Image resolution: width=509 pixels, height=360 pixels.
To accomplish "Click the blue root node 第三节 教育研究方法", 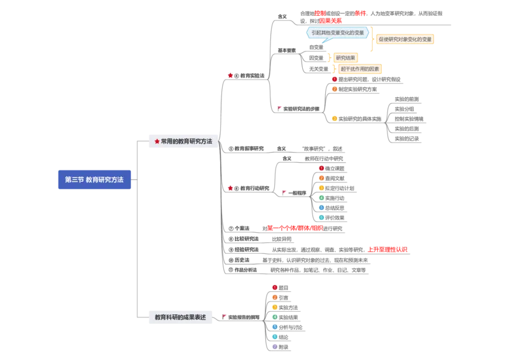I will [x=94, y=179].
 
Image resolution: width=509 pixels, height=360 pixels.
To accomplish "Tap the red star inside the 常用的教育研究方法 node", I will [x=157, y=142].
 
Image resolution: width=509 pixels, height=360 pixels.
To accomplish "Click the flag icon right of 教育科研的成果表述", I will [x=224, y=316].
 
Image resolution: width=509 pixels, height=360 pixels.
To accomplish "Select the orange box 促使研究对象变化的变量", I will [x=405, y=39].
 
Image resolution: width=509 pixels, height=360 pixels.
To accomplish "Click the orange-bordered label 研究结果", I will [x=345, y=57].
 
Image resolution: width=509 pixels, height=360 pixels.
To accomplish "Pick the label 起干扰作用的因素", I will [x=359, y=69].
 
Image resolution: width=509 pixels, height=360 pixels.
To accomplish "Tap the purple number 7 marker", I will [x=274, y=347].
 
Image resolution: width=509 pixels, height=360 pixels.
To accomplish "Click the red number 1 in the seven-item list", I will [x=274, y=287].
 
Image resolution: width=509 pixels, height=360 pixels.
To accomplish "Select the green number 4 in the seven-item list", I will [x=274, y=317].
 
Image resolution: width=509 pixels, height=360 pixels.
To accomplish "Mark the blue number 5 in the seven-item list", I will [x=274, y=327].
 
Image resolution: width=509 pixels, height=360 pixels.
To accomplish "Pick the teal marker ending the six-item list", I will [x=321, y=217].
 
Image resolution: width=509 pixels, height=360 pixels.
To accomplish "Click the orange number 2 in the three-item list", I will [x=334, y=90].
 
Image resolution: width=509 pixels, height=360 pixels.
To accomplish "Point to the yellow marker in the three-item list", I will [x=334, y=118].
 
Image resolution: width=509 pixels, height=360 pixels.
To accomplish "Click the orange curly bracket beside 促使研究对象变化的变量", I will [x=373, y=39].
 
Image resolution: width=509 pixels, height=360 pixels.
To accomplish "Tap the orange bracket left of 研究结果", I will [x=330, y=57].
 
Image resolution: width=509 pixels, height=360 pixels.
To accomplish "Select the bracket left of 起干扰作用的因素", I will [x=335, y=69].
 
